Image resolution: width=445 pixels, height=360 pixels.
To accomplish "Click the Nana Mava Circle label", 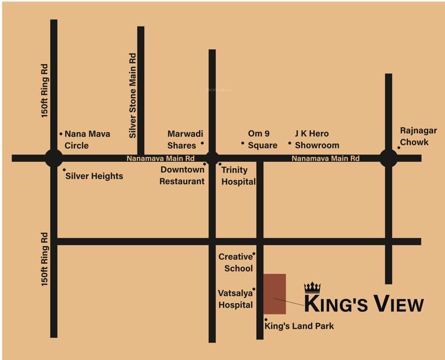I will click(x=87, y=140).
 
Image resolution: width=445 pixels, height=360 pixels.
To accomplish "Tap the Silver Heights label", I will click(x=94, y=176).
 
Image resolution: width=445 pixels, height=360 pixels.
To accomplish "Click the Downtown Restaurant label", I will click(x=182, y=175).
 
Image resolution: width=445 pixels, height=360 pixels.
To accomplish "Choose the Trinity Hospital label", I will click(x=238, y=176).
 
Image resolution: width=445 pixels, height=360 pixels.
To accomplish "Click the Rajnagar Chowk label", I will click(x=418, y=136).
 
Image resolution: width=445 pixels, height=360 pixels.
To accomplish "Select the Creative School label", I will click(x=237, y=262).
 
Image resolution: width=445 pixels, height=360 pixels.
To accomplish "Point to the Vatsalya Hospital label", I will click(x=236, y=299).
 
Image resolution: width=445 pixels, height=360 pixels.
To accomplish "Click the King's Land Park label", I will click(x=299, y=326).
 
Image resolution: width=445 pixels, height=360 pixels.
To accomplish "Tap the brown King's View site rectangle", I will click(x=274, y=294).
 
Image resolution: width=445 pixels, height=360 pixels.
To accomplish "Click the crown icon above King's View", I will click(x=312, y=287).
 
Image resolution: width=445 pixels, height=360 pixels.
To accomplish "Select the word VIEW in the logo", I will click(x=397, y=304).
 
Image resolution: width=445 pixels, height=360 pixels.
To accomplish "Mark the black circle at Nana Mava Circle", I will click(x=53, y=158).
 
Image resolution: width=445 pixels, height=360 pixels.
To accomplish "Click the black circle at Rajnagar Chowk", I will click(x=388, y=158).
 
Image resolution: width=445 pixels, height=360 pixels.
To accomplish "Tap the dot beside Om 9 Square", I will click(x=243, y=143).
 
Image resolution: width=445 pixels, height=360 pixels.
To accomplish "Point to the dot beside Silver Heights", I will click(x=64, y=170).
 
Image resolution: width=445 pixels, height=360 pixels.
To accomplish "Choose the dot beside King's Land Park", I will click(x=266, y=320).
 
